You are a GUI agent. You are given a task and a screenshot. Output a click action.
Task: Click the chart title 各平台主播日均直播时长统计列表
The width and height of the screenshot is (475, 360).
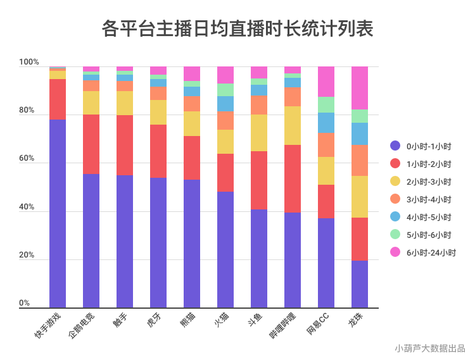(237, 29)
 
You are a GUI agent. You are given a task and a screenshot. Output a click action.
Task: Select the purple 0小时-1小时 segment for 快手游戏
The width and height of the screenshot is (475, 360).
(58, 213)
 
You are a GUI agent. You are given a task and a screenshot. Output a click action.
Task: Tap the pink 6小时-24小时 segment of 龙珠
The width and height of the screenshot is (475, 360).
(360, 88)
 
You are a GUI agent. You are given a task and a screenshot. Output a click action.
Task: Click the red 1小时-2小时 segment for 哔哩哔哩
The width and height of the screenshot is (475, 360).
(293, 178)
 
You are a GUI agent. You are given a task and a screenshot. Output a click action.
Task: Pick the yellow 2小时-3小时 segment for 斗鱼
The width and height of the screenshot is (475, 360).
(259, 133)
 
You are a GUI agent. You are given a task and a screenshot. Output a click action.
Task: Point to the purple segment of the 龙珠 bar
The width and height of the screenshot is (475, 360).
(360, 284)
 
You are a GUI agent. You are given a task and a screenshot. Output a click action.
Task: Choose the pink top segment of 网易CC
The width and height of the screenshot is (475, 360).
(326, 82)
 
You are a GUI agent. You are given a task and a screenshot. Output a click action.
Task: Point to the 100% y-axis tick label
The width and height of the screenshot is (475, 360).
(29, 63)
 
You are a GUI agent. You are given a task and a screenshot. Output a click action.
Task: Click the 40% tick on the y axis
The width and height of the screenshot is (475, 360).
(27, 208)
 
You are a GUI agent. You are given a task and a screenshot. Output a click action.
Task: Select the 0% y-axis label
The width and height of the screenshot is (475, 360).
(25, 303)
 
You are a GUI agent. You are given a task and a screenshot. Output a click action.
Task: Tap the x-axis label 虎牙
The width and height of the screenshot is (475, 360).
(155, 323)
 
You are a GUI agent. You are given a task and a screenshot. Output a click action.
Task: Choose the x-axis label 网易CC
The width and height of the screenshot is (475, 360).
(318, 325)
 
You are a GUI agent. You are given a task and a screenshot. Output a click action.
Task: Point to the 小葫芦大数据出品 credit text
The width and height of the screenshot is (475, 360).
(429, 347)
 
